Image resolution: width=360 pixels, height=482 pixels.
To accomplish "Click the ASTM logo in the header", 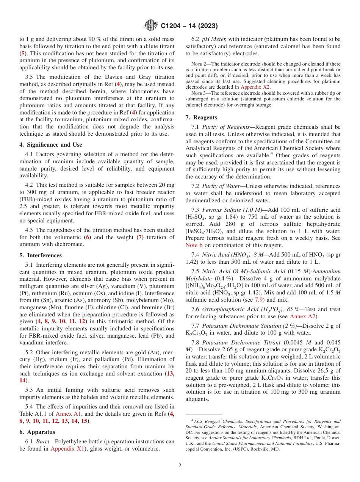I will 151,26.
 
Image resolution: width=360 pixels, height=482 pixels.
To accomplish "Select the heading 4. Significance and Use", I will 50,144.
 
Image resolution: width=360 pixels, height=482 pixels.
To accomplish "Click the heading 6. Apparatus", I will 37,432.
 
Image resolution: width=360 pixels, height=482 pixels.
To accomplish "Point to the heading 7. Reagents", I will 205,117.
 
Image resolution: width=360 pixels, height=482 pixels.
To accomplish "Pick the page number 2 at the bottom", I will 180,466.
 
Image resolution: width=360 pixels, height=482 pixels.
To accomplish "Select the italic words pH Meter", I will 214,39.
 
